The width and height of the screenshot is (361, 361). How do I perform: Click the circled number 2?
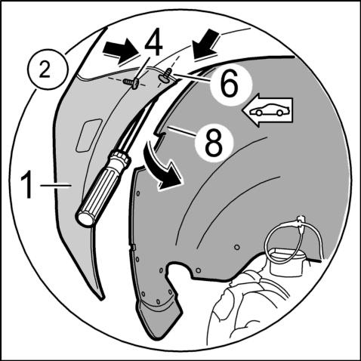pos(45,69)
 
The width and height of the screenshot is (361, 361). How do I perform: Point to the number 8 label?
pos(214,141)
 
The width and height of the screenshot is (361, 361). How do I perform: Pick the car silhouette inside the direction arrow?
pos(269,111)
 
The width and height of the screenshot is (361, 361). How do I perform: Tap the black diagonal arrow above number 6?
pos(206,43)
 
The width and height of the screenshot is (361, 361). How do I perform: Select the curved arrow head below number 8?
pos(171,177)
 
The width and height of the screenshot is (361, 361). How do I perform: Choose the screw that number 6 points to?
pos(165,75)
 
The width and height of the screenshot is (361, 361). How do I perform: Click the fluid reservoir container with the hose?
pos(288,261)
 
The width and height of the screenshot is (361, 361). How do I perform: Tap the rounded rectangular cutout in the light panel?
pos(88,136)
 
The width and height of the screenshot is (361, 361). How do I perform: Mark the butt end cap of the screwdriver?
pos(85,218)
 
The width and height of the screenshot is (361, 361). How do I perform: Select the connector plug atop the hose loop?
pos(301,221)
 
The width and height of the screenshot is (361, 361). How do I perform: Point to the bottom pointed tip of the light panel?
pos(102,299)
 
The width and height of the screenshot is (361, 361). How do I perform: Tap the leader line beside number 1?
pos(55,186)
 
